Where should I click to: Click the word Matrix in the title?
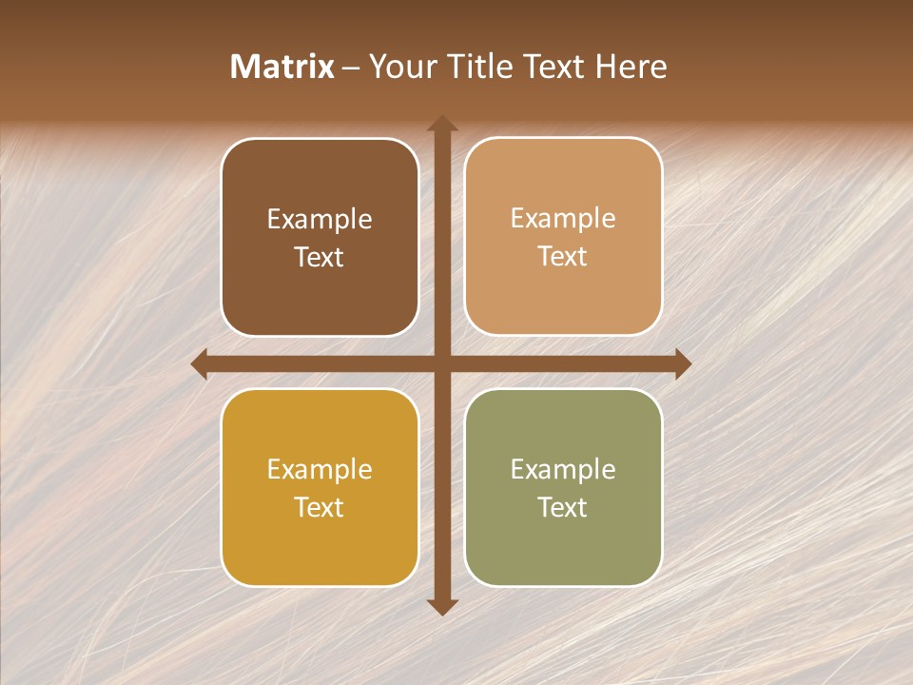click(x=282, y=67)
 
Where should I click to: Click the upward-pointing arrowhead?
click(x=442, y=123)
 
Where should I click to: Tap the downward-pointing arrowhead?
click(x=442, y=606)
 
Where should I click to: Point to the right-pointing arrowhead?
click(x=683, y=364)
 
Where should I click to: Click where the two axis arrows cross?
click(x=442, y=364)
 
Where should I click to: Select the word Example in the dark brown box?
click(x=320, y=220)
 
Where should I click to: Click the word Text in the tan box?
click(x=563, y=257)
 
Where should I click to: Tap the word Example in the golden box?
click(x=320, y=470)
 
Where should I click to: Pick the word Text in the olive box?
click(x=563, y=507)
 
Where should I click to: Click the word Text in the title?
click(x=555, y=67)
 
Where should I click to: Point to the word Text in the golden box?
click(x=320, y=507)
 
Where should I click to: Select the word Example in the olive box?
click(x=563, y=470)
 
